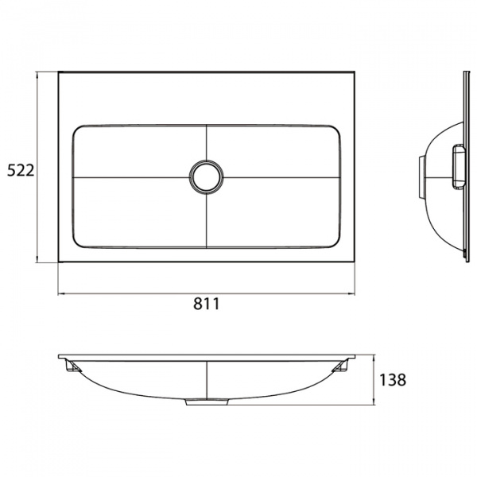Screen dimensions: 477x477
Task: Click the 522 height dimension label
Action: [x=19, y=169]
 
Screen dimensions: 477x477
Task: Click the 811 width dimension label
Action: [x=206, y=304]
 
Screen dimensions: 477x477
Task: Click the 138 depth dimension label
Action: [x=394, y=380]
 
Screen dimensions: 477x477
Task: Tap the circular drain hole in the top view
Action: [x=206, y=176]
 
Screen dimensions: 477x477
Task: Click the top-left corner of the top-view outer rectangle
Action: [x=58, y=72]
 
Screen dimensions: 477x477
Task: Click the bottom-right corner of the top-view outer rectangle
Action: [x=355, y=262]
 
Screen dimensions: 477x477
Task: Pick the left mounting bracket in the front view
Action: [x=71, y=368]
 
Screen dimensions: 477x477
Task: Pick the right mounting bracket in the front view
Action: [x=343, y=368]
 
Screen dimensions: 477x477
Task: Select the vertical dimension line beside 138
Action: [x=374, y=380]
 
